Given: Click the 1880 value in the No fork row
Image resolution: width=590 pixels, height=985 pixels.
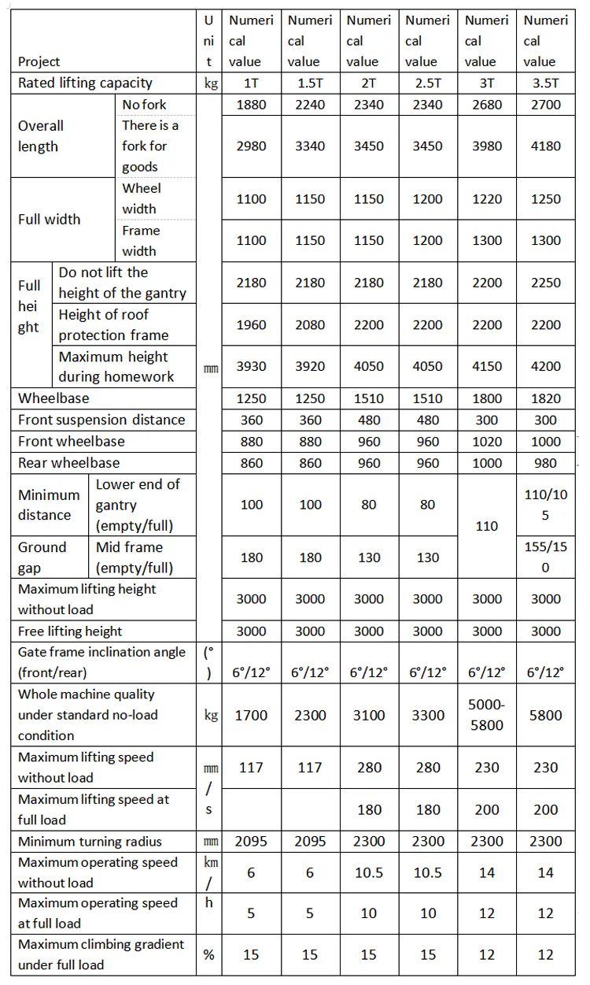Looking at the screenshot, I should (251, 105).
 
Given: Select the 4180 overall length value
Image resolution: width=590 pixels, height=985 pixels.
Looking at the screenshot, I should (545, 146).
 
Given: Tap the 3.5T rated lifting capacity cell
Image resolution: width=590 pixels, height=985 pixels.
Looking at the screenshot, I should (545, 83).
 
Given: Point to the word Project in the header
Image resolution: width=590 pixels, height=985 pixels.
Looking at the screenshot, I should (39, 61).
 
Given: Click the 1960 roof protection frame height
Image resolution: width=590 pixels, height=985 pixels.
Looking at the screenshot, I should (251, 324).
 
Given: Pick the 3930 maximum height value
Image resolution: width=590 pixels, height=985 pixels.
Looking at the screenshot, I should (251, 366).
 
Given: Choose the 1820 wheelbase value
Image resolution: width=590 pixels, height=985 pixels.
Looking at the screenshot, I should (545, 398).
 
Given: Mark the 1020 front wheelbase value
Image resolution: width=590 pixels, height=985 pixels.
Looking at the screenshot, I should (486, 442).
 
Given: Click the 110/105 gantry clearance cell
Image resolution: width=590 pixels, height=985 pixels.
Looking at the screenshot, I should (545, 505).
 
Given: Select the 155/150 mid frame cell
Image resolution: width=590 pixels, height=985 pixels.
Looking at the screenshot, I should (545, 557).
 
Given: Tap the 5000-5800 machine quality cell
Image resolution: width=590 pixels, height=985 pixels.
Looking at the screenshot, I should (486, 715).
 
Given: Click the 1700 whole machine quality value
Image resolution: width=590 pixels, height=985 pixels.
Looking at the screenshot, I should (251, 715).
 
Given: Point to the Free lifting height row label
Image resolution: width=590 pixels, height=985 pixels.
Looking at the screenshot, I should (70, 631).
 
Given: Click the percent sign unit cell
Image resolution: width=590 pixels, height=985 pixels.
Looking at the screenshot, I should (208, 954).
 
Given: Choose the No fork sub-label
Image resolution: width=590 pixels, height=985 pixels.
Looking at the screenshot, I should (144, 105).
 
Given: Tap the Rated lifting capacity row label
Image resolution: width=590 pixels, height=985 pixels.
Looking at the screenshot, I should (85, 83).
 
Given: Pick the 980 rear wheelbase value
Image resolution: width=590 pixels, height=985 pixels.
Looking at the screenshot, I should (545, 463).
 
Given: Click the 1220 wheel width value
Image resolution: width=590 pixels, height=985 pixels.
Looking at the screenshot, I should (486, 199).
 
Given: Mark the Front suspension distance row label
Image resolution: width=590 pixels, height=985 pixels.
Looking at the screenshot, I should (101, 420).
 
